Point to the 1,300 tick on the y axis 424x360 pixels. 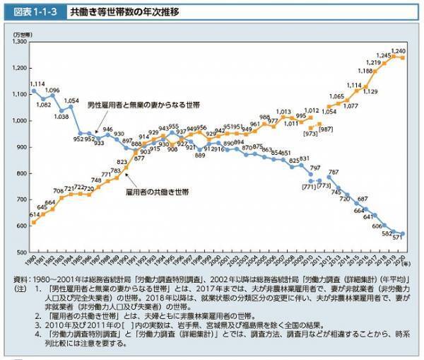(16, 42)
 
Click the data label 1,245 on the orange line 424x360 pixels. (383, 55)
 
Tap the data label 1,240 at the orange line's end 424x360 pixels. (398, 52)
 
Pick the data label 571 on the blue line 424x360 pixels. (397, 239)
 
